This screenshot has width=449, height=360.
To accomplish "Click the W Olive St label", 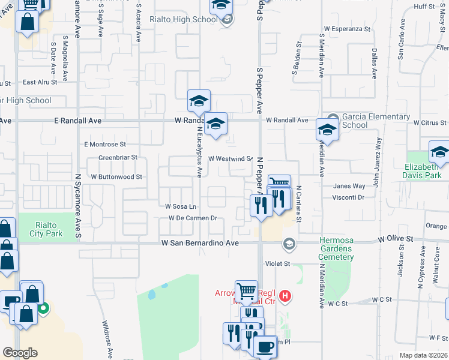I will [x=396, y=239].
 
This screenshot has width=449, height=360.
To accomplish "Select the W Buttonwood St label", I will [x=116, y=177].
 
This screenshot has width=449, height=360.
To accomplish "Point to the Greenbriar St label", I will [x=118, y=158].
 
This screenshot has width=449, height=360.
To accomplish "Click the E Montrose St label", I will [x=105, y=144].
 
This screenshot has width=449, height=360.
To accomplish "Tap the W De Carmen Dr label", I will [x=192, y=218].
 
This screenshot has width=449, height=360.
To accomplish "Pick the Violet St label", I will [x=278, y=263].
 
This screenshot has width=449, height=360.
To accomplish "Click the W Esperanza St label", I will [x=348, y=28].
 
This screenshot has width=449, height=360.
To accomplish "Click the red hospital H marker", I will [x=286, y=296].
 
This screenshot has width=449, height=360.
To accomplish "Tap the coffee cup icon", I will [x=264, y=346].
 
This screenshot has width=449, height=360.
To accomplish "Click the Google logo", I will [x=20, y=353].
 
